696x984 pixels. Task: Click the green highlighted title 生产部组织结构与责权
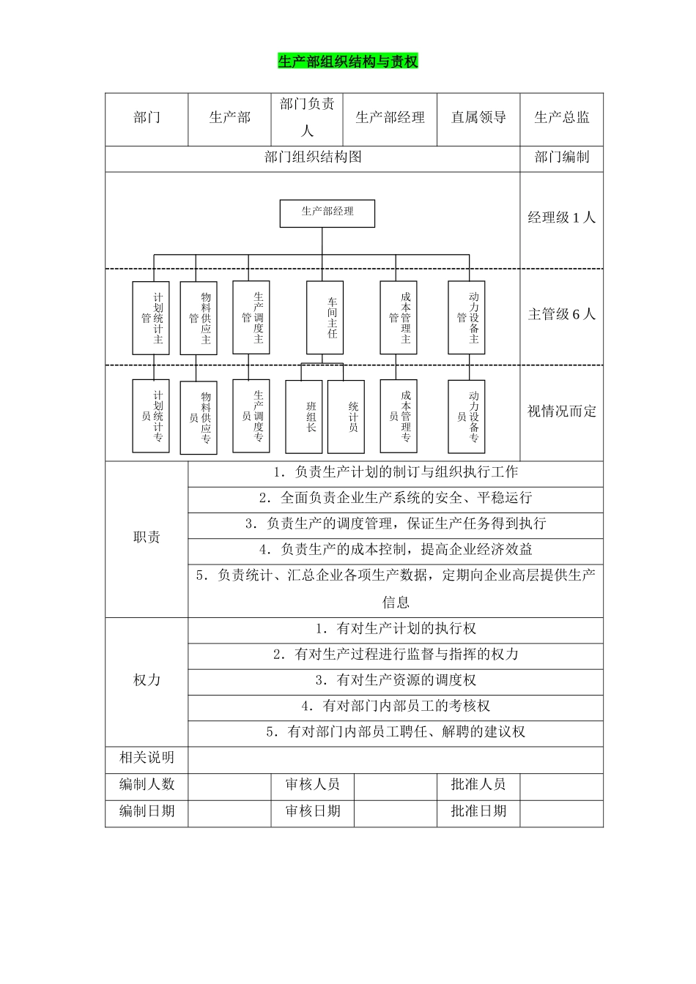(348, 61)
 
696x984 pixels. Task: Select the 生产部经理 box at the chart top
(327, 212)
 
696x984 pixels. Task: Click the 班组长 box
(303, 417)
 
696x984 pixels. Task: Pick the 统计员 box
(346, 417)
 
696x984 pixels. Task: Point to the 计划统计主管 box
(151, 318)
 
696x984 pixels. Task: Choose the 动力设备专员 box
(467, 417)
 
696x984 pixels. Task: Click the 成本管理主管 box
(399, 318)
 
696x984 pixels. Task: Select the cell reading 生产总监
(562, 118)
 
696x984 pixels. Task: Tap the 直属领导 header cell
(478, 118)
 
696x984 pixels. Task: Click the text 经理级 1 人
(562, 217)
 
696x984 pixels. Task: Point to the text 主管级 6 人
(562, 315)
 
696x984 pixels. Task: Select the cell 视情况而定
(562, 411)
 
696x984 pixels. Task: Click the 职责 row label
(147, 537)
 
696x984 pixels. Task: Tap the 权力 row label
(147, 680)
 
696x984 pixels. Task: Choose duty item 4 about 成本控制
(396, 550)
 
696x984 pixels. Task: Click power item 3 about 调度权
(396, 680)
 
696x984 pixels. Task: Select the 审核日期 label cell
(313, 811)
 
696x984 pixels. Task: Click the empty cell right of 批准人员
(562, 785)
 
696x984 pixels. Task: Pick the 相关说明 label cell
(147, 758)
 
